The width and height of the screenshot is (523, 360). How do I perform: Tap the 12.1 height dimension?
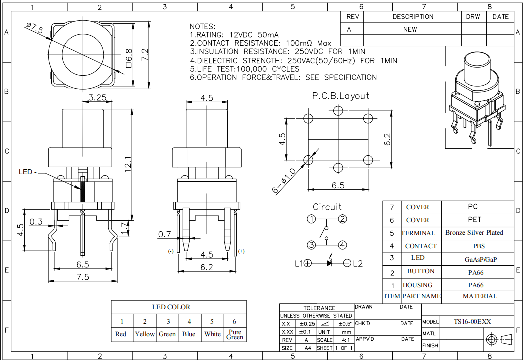(x=127, y=162)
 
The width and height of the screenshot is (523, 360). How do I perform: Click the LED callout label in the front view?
(x=27, y=172)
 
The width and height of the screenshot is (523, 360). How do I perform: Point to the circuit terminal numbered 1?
(x=311, y=219)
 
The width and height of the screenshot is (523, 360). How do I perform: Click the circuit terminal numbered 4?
(x=342, y=245)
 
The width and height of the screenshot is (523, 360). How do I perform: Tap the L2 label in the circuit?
(x=358, y=264)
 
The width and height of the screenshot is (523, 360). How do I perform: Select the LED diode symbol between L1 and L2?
(x=329, y=263)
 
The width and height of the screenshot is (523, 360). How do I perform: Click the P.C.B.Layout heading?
(x=341, y=96)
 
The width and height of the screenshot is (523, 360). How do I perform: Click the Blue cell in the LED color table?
(x=189, y=334)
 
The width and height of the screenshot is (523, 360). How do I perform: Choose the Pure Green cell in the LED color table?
(x=234, y=334)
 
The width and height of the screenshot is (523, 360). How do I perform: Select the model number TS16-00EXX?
(x=472, y=322)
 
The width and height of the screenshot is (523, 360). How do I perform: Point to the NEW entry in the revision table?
(x=410, y=29)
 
